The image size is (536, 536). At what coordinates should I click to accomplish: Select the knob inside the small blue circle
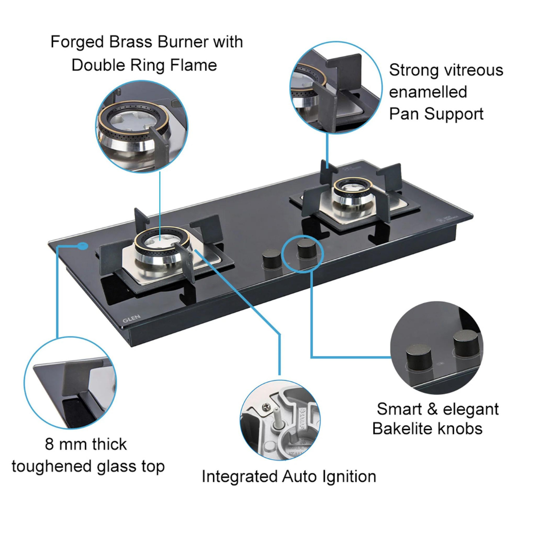coord(303,250)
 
